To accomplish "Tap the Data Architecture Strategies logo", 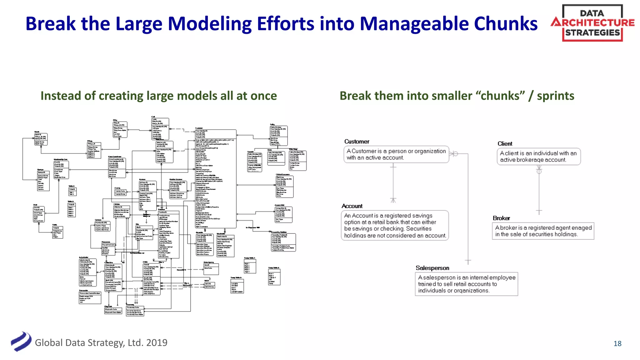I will pos(592,23).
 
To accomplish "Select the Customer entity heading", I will pos(357,142).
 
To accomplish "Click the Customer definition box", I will pos(396,154).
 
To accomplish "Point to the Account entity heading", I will pos(352,206).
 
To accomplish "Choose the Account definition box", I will pos(395,225).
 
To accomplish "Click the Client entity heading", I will pos(505,144).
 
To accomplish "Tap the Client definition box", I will pos(538,157).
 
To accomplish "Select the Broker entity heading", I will pos(501,218).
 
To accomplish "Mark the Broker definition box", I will pos(543,231).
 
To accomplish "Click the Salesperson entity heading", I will pos(432,268).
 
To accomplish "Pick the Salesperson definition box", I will pos(466,284).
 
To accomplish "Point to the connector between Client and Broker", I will pos(539,191).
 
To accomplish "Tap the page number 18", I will pos(617,344).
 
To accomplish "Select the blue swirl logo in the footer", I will pos(21,342).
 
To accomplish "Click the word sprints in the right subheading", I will pos(555,96).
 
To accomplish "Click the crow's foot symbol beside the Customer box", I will pos(453,154).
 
